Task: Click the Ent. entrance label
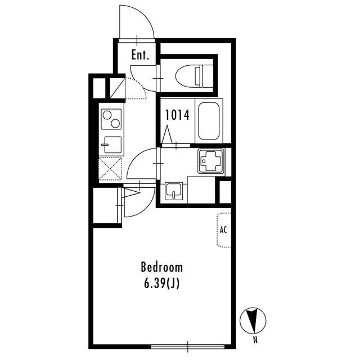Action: pyautogui.click(x=140, y=55)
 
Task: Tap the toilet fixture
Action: pyautogui.click(x=194, y=76)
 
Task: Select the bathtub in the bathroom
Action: pyautogui.click(x=209, y=121)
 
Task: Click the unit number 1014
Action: pyautogui.click(x=177, y=115)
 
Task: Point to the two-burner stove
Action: pyautogui.click(x=111, y=119)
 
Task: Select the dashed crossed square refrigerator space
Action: pyautogui.click(x=110, y=169)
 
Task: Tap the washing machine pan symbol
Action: pyautogui.click(x=211, y=161)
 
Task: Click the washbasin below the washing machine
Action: pyautogui.click(x=174, y=191)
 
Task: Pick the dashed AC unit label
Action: pyautogui.click(x=224, y=230)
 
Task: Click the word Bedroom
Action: pyautogui.click(x=162, y=267)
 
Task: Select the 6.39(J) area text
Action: pyautogui.click(x=161, y=283)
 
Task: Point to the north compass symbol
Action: pyautogui.click(x=253, y=320)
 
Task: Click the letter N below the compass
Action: pyautogui.click(x=255, y=340)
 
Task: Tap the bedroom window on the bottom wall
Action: pyautogui.click(x=187, y=346)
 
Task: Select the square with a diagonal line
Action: pyautogui.click(x=118, y=88)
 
